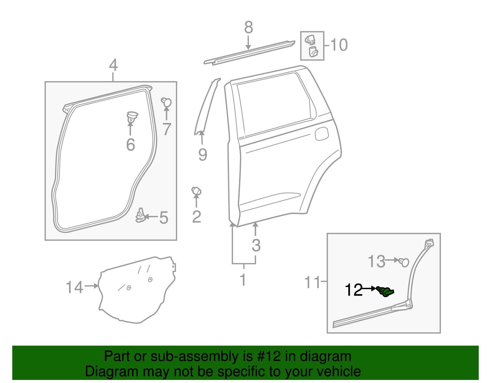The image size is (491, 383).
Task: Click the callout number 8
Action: pyautogui.click(x=249, y=28)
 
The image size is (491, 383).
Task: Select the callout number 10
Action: pyautogui.click(x=339, y=45)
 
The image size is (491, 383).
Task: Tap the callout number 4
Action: pyautogui.click(x=113, y=65)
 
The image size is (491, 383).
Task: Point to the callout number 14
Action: pyautogui.click(x=74, y=288)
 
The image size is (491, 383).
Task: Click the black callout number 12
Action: pyautogui.click(x=354, y=290)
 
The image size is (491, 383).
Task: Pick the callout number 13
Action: pyautogui.click(x=376, y=262)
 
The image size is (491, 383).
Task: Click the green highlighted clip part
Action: pyautogui.click(x=386, y=291)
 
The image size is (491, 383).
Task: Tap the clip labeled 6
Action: pyautogui.click(x=132, y=117)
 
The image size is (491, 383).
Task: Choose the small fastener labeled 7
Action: pyautogui.click(x=167, y=102)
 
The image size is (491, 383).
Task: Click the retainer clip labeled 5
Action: pyautogui.click(x=140, y=216)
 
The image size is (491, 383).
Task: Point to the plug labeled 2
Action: pyautogui.click(x=196, y=191)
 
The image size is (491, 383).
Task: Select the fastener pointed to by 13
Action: pyautogui.click(x=404, y=262)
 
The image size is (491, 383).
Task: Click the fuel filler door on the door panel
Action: pyautogui.click(x=322, y=134)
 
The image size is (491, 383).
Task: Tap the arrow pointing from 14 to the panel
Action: pyautogui.click(x=91, y=286)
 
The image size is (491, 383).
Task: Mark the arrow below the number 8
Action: pyautogui.click(x=248, y=42)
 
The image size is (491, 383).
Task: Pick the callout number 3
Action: pyautogui.click(x=256, y=245)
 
